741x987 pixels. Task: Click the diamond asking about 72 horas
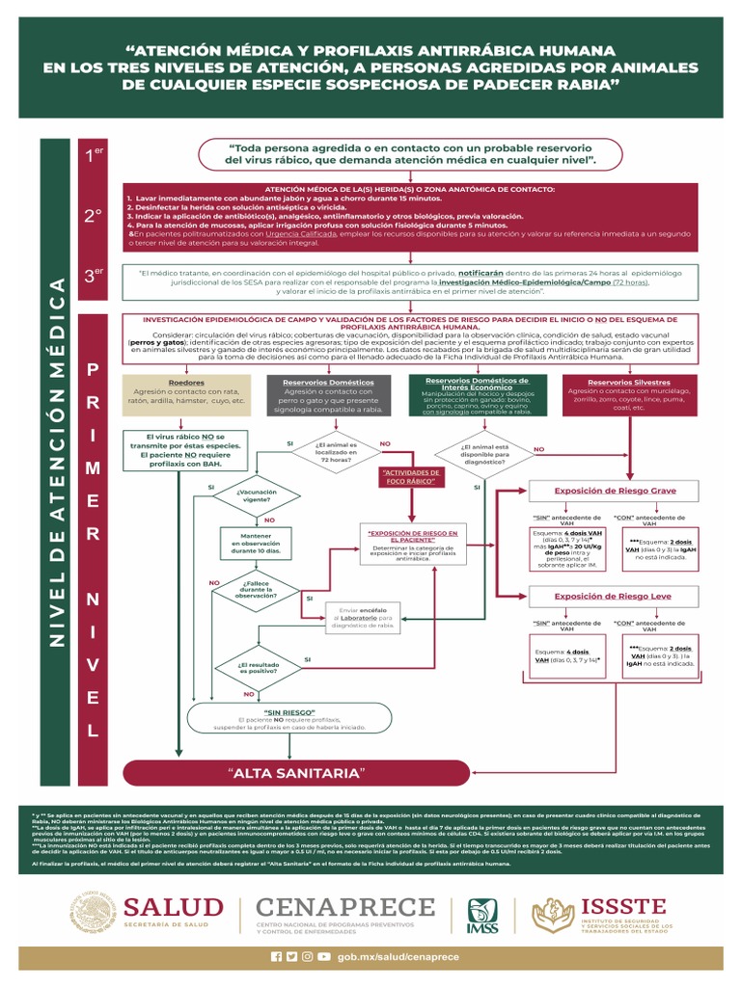tap(336, 453)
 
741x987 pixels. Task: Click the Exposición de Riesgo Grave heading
tap(615, 491)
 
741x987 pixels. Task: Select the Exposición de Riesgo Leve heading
tap(615, 597)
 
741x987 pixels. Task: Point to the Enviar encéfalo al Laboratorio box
tap(362, 618)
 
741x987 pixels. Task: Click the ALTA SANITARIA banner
tap(296, 773)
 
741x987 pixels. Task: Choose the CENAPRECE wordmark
tap(343, 907)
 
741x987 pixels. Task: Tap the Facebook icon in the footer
tap(277, 956)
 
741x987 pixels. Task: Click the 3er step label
tap(93, 276)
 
